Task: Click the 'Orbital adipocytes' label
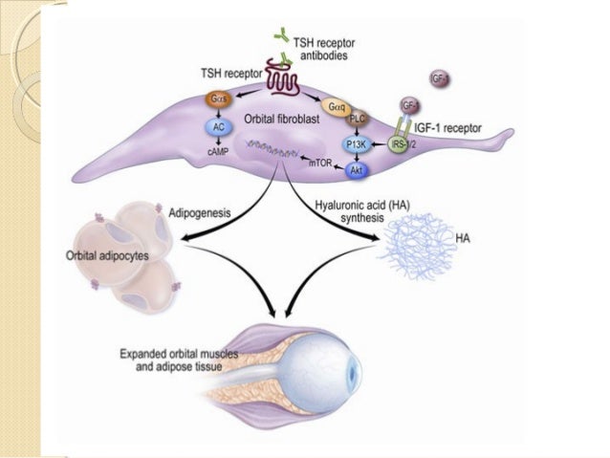click(105, 255)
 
